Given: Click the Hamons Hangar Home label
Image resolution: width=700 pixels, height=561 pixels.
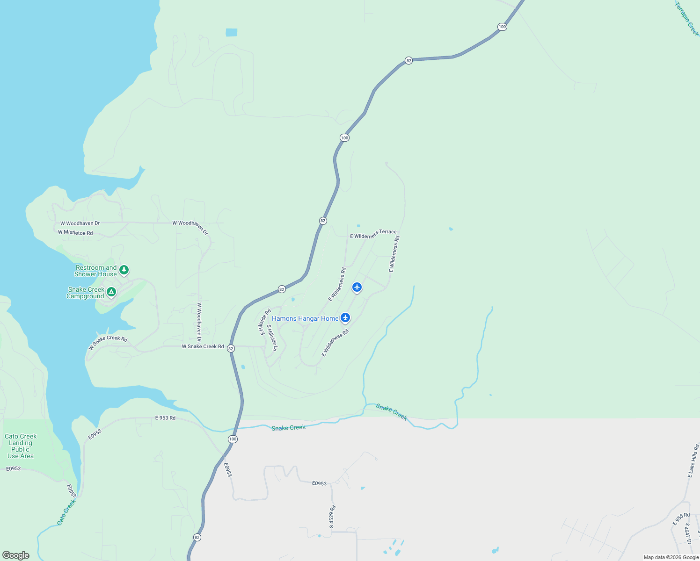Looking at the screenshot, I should tap(305, 318).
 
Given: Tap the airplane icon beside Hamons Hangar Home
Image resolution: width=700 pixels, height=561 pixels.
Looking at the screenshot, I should tap(345, 318).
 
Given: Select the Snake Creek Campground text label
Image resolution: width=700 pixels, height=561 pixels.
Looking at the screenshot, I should tap(86, 293).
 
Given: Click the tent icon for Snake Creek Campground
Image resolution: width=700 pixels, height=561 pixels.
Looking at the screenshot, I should tap(111, 292).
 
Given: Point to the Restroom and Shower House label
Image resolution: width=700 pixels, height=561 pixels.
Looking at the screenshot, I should tap(95, 271).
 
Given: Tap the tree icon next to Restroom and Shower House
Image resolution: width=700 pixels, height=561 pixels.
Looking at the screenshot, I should tap(124, 270).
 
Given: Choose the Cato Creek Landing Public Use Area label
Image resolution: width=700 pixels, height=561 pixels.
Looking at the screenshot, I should tap(21, 446).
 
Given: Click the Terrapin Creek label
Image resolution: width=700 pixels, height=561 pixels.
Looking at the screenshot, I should tap(687, 19).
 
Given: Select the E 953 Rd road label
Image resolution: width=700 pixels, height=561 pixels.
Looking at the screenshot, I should tap(165, 418).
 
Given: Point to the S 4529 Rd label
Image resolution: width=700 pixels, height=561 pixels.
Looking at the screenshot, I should tap(332, 517).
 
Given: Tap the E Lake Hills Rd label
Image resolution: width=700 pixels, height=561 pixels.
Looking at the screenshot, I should tap(693, 461).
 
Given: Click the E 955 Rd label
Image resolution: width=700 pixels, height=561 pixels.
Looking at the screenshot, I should tap(681, 519).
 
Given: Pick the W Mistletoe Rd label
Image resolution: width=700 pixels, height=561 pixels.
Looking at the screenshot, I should tap(75, 232).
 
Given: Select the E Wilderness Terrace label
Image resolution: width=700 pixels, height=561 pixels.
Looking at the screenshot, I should tap(373, 234).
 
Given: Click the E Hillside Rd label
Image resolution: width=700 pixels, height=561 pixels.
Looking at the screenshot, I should tap(265, 322).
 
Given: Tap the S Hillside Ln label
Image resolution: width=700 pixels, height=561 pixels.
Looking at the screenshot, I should tap(272, 338).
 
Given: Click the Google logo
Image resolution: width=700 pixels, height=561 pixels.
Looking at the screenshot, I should tap(16, 555).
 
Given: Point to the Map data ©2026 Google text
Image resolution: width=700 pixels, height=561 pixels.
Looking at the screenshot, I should tap(671, 557).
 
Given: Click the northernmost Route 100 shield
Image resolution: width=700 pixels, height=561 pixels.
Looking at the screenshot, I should tap(502, 27).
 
